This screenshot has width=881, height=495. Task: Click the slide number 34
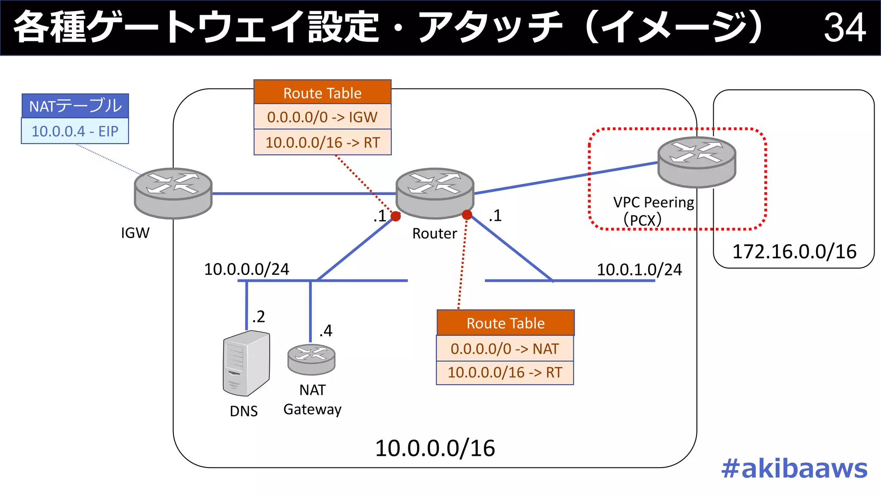(x=844, y=27)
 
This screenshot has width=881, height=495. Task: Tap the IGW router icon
(x=173, y=193)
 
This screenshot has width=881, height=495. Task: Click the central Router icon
(x=434, y=193)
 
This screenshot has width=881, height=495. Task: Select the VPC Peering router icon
(x=696, y=162)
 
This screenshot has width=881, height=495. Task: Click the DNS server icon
(x=246, y=364)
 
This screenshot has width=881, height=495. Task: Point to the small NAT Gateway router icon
(x=311, y=360)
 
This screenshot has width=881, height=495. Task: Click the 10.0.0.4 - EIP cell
(x=75, y=131)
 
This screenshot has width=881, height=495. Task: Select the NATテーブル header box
(x=75, y=106)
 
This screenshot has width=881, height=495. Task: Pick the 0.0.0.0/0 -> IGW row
(x=322, y=117)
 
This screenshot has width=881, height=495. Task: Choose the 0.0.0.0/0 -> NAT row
(x=505, y=348)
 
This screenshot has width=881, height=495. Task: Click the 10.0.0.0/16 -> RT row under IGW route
(x=322, y=142)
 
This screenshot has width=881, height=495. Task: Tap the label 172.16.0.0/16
(x=794, y=252)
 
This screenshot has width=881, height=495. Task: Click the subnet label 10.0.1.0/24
(x=639, y=270)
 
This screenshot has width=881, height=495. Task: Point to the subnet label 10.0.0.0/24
(x=246, y=269)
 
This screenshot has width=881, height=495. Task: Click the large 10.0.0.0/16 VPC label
(x=434, y=449)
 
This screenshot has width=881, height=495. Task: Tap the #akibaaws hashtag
(x=794, y=468)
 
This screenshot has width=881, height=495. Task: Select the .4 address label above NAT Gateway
(x=326, y=330)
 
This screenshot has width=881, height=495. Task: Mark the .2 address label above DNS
(x=258, y=317)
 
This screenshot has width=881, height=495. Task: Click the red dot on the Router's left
(x=396, y=216)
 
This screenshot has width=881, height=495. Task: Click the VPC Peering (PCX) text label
(x=653, y=211)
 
